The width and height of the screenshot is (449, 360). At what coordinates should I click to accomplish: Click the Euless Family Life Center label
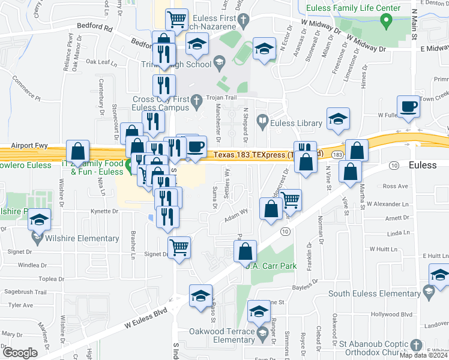[353, 8]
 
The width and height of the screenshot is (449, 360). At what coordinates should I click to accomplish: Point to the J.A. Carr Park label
[271, 266]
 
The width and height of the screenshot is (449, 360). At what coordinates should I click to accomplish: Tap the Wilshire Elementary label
[82, 238]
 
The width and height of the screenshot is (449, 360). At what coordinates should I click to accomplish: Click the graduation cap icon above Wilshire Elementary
[39, 221]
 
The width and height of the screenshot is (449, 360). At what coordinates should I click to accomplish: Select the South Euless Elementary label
[375, 293]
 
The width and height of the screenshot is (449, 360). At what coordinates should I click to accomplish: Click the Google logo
[20, 353]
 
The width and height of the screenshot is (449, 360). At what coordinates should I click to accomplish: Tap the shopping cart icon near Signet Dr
[179, 247]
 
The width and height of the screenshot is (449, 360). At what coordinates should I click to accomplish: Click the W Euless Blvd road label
[145, 319]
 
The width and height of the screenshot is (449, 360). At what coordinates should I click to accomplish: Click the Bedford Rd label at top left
[95, 27]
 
